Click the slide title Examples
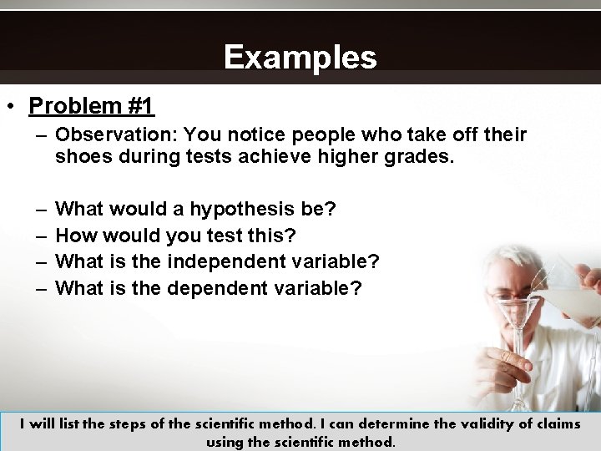(300, 58)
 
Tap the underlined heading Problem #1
(91, 106)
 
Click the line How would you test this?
(175, 236)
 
